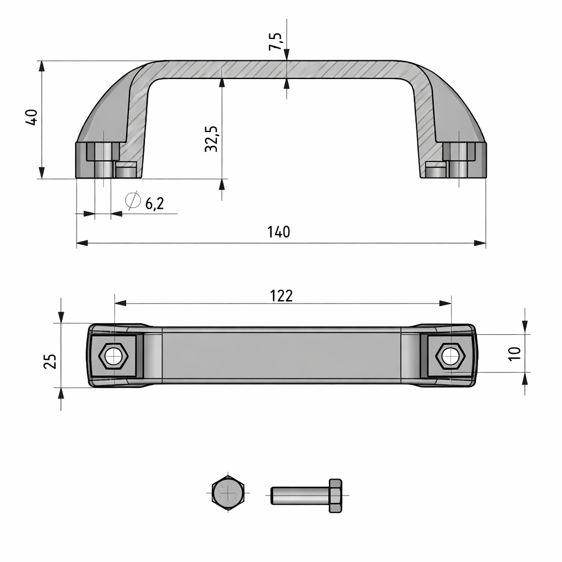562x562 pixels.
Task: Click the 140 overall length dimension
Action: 279,232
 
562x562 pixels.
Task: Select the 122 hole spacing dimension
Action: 281,296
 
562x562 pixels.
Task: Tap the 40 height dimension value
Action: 31,117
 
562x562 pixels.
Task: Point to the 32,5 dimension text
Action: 211,138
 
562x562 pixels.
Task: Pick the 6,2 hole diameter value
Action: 154,204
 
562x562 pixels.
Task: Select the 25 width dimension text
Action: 50,361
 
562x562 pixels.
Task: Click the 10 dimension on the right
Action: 514,353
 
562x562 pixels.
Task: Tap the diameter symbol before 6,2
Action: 132,201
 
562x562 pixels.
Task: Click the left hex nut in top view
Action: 114,357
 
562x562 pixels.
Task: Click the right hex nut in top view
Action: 450,357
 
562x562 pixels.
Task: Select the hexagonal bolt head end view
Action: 227,492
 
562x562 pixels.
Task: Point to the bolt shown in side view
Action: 306,496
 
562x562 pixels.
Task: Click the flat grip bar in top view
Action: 281,355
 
